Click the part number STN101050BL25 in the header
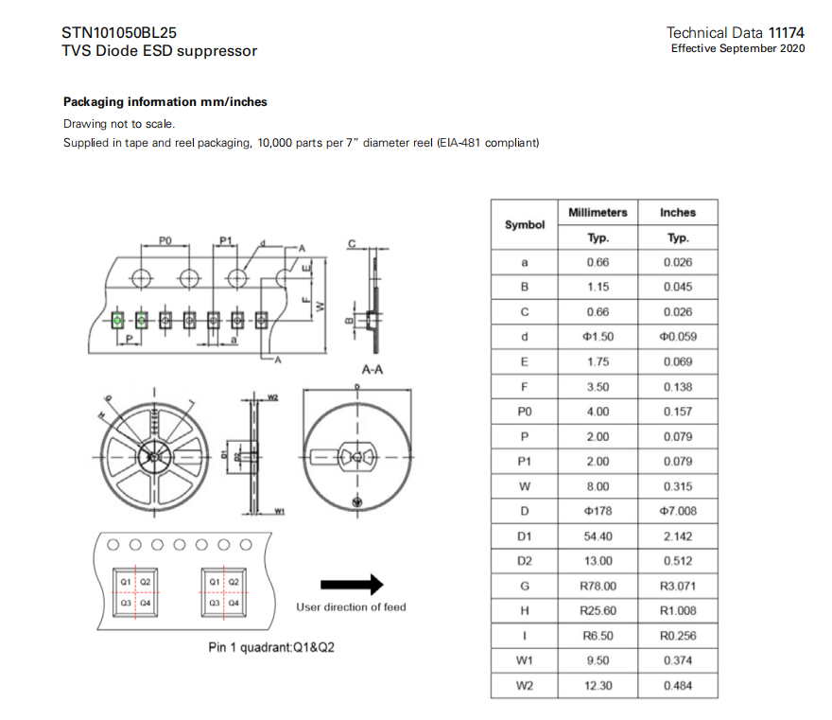[119, 31]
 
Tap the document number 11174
[787, 32]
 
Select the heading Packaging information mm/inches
[165, 101]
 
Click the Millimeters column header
[598, 213]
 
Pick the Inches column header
[678, 213]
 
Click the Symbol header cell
[525, 225]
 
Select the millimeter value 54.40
[598, 536]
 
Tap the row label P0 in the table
[525, 412]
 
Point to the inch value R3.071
[678, 587]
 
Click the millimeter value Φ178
[598, 512]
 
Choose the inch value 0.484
[678, 686]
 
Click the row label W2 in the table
[525, 686]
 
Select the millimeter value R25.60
[598, 611]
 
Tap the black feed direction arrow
[352, 583]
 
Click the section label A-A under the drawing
[372, 370]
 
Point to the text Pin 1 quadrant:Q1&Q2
[270, 648]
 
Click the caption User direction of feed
[351, 607]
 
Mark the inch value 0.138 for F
[678, 387]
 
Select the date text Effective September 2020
[737, 48]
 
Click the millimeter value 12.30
[598, 686]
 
